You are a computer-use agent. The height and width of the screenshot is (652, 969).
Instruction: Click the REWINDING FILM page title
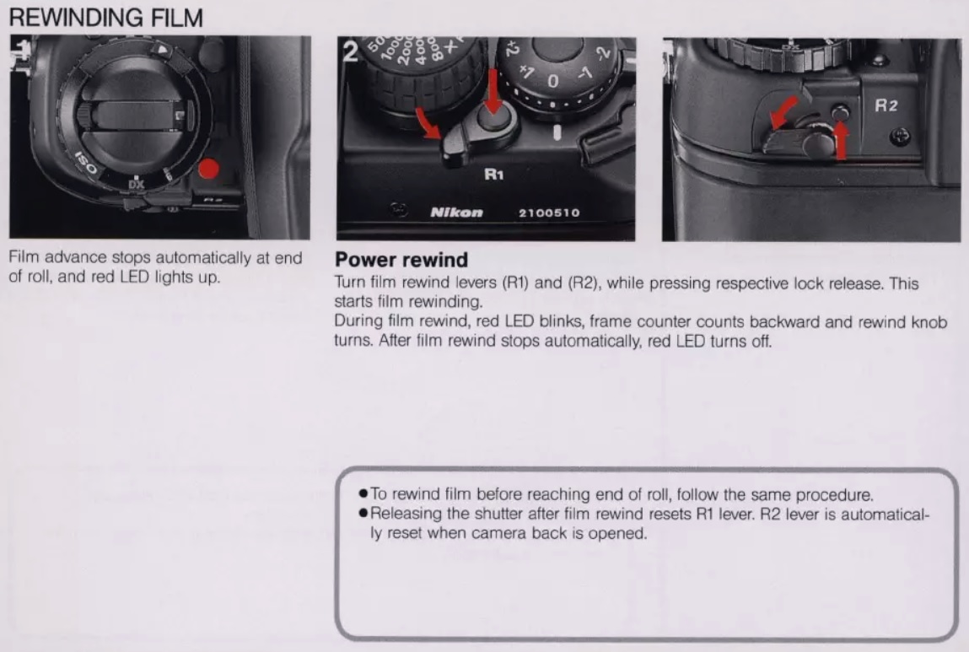(105, 18)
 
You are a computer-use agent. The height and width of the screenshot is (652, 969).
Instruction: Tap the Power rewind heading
(401, 260)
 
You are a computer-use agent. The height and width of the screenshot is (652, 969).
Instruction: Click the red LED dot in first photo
(209, 169)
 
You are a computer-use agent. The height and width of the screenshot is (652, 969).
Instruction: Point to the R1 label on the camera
(493, 175)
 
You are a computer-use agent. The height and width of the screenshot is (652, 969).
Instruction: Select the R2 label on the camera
(886, 105)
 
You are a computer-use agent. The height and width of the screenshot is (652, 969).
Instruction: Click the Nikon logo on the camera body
(457, 213)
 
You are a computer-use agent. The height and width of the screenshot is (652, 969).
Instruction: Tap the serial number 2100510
(549, 213)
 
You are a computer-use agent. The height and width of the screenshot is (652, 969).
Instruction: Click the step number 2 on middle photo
(350, 52)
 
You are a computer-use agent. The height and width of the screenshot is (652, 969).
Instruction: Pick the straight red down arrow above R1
(493, 91)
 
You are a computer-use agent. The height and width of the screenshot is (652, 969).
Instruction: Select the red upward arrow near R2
(841, 140)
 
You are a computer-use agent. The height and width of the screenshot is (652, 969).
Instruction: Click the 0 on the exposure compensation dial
(552, 81)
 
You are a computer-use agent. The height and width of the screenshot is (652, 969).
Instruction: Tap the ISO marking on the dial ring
(85, 163)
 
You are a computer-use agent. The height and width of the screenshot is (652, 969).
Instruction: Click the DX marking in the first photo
(136, 184)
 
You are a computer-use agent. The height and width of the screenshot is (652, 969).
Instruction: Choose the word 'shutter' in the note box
(498, 515)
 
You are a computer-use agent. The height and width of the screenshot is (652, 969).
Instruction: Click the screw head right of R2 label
(901, 136)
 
